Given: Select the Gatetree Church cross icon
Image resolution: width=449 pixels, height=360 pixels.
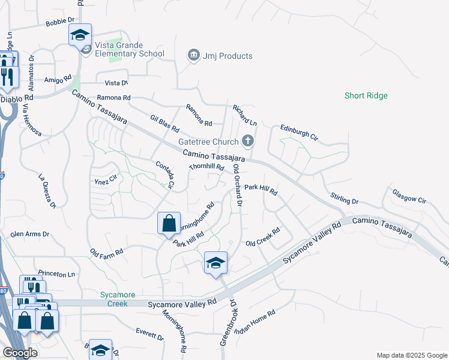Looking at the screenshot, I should [247, 142].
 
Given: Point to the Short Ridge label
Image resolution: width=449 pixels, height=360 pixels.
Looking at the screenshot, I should [366, 95].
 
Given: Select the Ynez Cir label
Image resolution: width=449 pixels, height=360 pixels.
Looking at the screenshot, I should [104, 179].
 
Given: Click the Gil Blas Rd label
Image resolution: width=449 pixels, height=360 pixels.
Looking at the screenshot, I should [165, 124].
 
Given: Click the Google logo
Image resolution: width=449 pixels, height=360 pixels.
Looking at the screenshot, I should [20, 352].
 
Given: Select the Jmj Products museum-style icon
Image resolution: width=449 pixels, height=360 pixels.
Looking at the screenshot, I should [194, 56].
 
